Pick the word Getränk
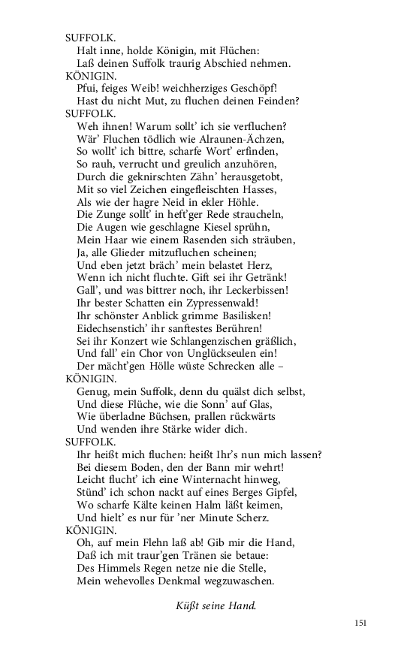pyautogui.click(x=249, y=277)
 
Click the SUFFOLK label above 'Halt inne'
pyautogui.click(x=90, y=37)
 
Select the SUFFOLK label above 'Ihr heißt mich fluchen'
pyautogui.click(x=90, y=442)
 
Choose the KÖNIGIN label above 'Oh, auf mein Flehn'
pyautogui.click(x=91, y=530)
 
